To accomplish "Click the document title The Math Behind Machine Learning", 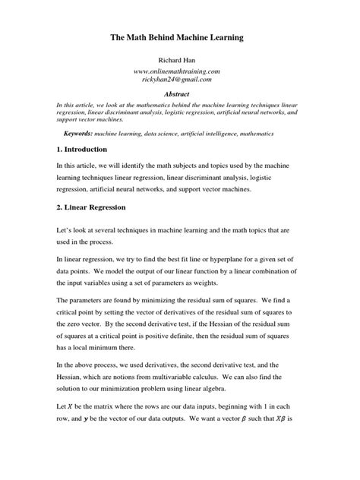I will (180, 36).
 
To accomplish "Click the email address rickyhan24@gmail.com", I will (180, 79).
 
